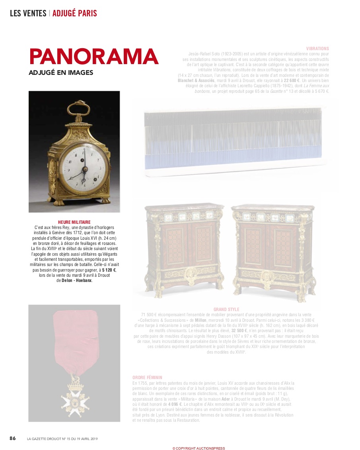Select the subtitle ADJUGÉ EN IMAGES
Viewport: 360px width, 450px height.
point(61,73)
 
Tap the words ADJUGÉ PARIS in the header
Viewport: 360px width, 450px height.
point(74,13)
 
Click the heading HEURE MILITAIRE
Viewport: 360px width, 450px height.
point(74,222)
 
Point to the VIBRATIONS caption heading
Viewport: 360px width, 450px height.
point(317,49)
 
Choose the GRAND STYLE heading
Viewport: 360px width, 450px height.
point(226,309)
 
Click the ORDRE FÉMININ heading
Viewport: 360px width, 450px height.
point(147,378)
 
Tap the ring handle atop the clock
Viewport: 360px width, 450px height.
point(75,109)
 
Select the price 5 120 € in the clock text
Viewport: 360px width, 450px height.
point(109,270)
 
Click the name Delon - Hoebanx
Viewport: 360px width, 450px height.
point(77,280)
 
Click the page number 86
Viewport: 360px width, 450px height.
point(13,438)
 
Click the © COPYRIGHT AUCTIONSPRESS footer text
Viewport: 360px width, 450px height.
point(198,448)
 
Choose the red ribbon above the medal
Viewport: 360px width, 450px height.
point(75,338)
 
